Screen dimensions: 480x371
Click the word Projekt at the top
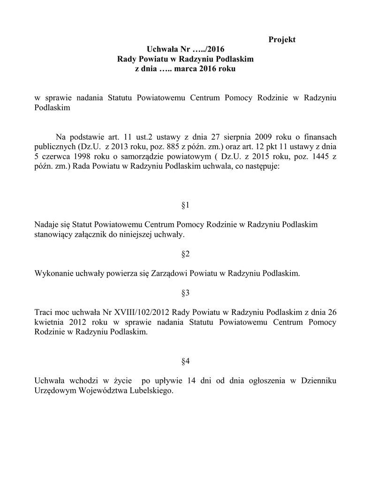(x=282, y=39)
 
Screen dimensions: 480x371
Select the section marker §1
(x=185, y=205)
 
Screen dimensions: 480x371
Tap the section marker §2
(x=185, y=254)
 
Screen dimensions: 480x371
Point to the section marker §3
(x=185, y=293)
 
